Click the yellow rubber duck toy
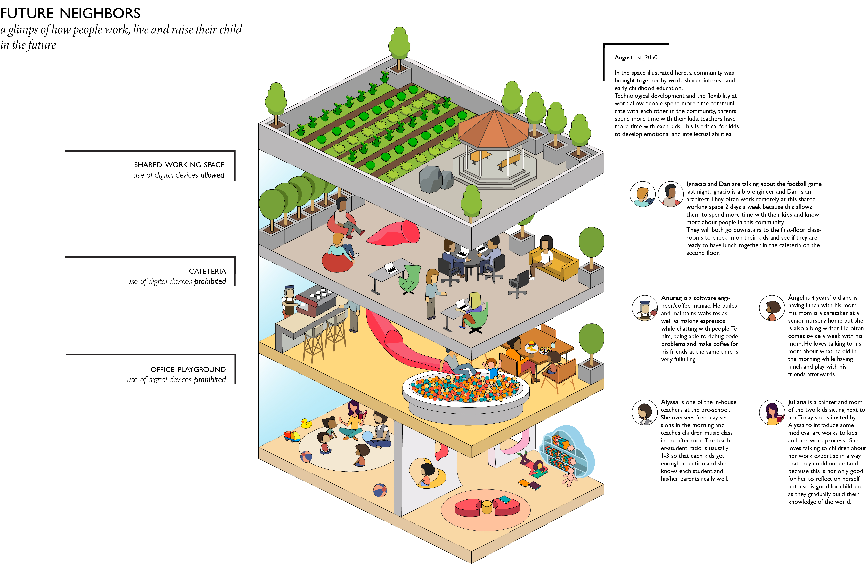(x=306, y=423)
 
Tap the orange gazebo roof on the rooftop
(x=493, y=130)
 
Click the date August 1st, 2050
(x=636, y=57)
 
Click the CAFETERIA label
(x=207, y=271)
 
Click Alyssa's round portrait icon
(x=644, y=412)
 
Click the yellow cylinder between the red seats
(x=487, y=507)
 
